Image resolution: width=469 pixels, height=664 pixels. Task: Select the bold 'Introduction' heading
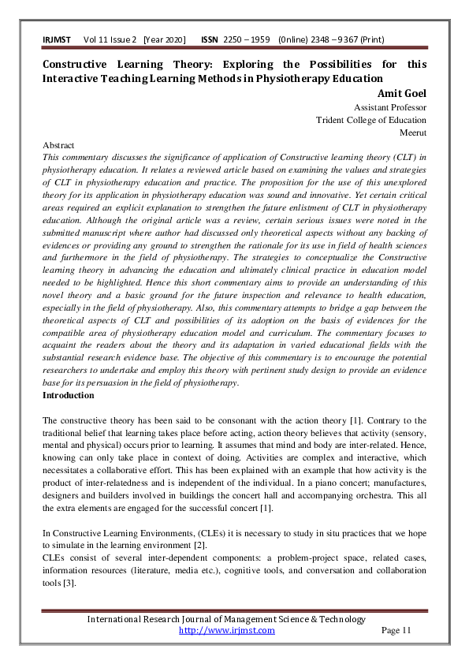(68, 395)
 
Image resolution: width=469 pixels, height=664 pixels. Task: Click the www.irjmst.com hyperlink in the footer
(227, 630)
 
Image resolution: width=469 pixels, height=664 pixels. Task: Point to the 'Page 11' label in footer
(396, 630)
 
